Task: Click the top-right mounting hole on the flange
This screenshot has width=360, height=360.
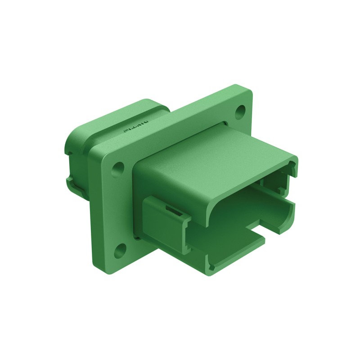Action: pos(241,109)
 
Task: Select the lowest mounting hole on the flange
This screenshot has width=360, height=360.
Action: pos(120,251)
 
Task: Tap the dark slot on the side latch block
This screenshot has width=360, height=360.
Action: pos(171,210)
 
